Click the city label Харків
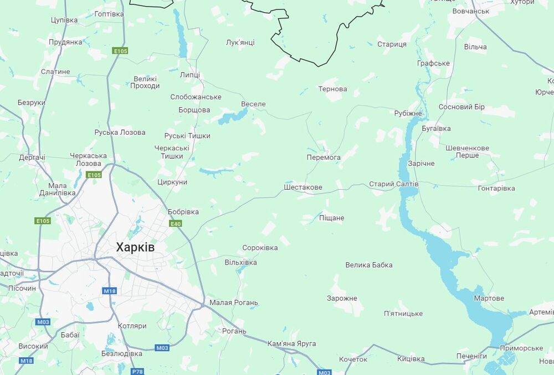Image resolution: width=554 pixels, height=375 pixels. pos(135,247)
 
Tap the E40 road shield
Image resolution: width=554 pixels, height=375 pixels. pos(176,224)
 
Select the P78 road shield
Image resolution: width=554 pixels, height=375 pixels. pos(137,371)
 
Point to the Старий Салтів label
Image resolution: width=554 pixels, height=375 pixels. pos(394,184)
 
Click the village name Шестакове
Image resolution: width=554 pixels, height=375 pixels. pos(302,187)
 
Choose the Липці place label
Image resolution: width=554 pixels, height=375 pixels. pos(190,75)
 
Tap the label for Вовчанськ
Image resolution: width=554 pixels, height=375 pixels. pos(471,11)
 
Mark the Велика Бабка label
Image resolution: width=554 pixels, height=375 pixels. pos(368,265)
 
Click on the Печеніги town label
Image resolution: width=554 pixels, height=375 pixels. pos(471,356)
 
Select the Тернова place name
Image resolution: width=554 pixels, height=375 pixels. pos(332,89)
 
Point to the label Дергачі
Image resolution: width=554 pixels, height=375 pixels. pos(32,158)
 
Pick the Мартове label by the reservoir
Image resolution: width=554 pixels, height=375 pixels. pos(489,298)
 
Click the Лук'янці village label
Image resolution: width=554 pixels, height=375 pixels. pos(240,42)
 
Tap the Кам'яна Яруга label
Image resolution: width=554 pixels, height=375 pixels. pos(291,344)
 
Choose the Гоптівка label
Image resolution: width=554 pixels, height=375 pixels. pos(109,13)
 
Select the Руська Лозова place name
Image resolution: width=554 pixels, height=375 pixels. pos(120,133)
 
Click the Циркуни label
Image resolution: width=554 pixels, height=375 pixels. pos(172,182)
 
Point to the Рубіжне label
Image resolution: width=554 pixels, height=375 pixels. pos(408,114)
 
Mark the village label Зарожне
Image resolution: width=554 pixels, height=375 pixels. pos(342,298)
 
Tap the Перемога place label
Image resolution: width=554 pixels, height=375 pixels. pos(324,158)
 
